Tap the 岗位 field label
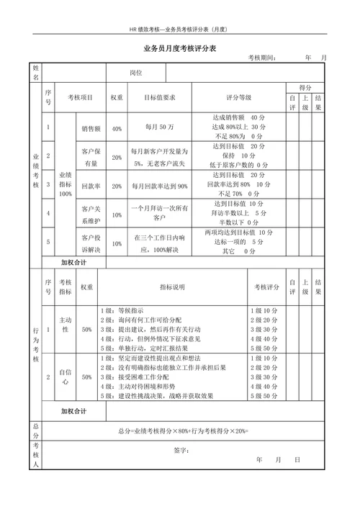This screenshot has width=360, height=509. point(136,73)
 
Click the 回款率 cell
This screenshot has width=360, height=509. point(90,186)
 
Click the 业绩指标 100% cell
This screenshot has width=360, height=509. point(66,184)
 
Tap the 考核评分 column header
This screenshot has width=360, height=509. point(266,287)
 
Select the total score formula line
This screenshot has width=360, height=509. point(183,431)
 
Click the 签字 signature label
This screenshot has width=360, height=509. point(181,451)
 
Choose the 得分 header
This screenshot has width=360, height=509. point(305,86)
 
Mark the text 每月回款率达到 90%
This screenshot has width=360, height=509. point(160,186)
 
